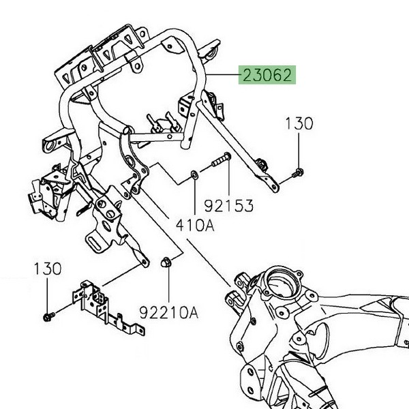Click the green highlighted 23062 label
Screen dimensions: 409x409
click(x=267, y=74)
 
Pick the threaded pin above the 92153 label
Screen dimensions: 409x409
click(x=219, y=160)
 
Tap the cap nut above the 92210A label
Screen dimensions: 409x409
click(x=168, y=261)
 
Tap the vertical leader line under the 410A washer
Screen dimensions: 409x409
click(x=196, y=198)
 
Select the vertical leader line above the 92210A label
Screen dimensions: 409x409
click(x=168, y=286)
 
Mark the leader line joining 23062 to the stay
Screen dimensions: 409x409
click(x=222, y=74)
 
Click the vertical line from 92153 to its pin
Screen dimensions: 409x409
click(x=228, y=181)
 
